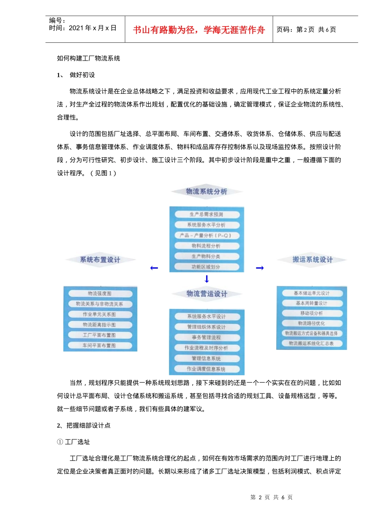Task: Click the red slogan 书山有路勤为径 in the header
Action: [x=199, y=30]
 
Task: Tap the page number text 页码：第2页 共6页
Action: [x=306, y=30]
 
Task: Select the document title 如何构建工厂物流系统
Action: [x=88, y=58]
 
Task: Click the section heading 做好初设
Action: [x=82, y=75]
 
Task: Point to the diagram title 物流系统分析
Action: [x=207, y=192]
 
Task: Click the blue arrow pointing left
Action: [x=154, y=268]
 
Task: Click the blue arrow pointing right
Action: [x=260, y=268]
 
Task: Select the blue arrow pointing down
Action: [x=207, y=279]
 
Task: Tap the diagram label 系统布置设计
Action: [x=100, y=260]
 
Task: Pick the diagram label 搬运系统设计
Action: [x=312, y=260]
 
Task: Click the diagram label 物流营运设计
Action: [x=207, y=294]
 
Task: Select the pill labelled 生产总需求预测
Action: [x=207, y=215]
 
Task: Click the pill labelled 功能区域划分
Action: [x=207, y=267]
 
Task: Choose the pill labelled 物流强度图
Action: [x=100, y=294]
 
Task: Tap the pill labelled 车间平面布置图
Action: [x=100, y=346]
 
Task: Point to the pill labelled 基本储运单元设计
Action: [x=311, y=293]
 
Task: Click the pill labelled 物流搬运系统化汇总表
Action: [x=311, y=344]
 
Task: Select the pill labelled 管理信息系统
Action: [x=207, y=359]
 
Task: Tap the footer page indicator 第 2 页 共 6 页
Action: [x=272, y=497]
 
